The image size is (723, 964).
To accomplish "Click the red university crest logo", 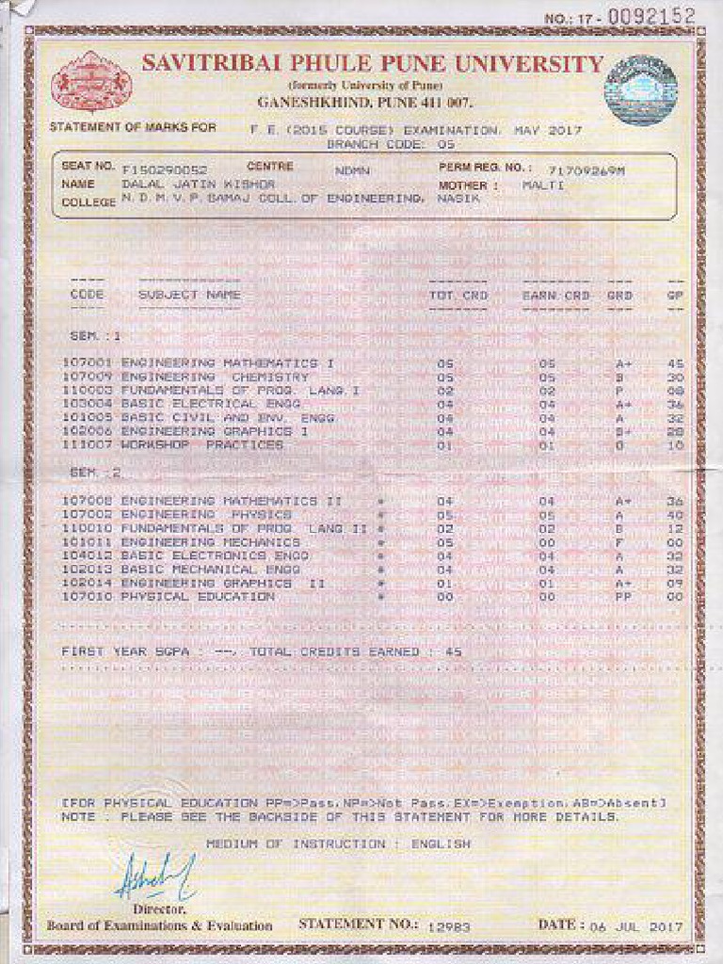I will (90, 84).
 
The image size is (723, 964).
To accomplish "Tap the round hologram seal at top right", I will (641, 90).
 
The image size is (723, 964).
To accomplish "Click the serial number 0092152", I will (651, 16).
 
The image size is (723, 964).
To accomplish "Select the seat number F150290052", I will (165, 169).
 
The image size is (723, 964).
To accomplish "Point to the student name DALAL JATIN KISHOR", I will (199, 185).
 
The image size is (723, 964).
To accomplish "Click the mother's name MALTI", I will (539, 185).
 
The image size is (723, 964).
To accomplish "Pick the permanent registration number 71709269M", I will (586, 170).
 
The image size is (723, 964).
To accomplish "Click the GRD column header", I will (619, 295).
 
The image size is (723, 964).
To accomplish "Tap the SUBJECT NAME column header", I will (189, 295).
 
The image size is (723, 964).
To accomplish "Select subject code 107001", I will (88, 362).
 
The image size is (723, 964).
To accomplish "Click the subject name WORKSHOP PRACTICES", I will (201, 444).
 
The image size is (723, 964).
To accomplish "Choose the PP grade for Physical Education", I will (621, 597).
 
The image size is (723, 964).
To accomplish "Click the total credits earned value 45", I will (454, 651).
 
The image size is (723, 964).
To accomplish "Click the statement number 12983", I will (447, 927).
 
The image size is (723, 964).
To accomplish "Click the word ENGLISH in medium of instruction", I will (441, 843).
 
